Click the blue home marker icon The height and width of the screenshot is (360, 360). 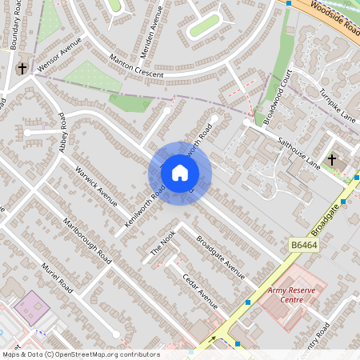tap(180, 172)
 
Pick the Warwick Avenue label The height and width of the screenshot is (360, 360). tap(96, 182)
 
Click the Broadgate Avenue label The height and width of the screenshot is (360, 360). tap(220, 257)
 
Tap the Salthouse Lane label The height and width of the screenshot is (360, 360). tap(298, 151)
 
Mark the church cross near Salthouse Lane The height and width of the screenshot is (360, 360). tap(332, 160)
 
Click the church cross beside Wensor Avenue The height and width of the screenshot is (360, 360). tap(22, 68)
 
